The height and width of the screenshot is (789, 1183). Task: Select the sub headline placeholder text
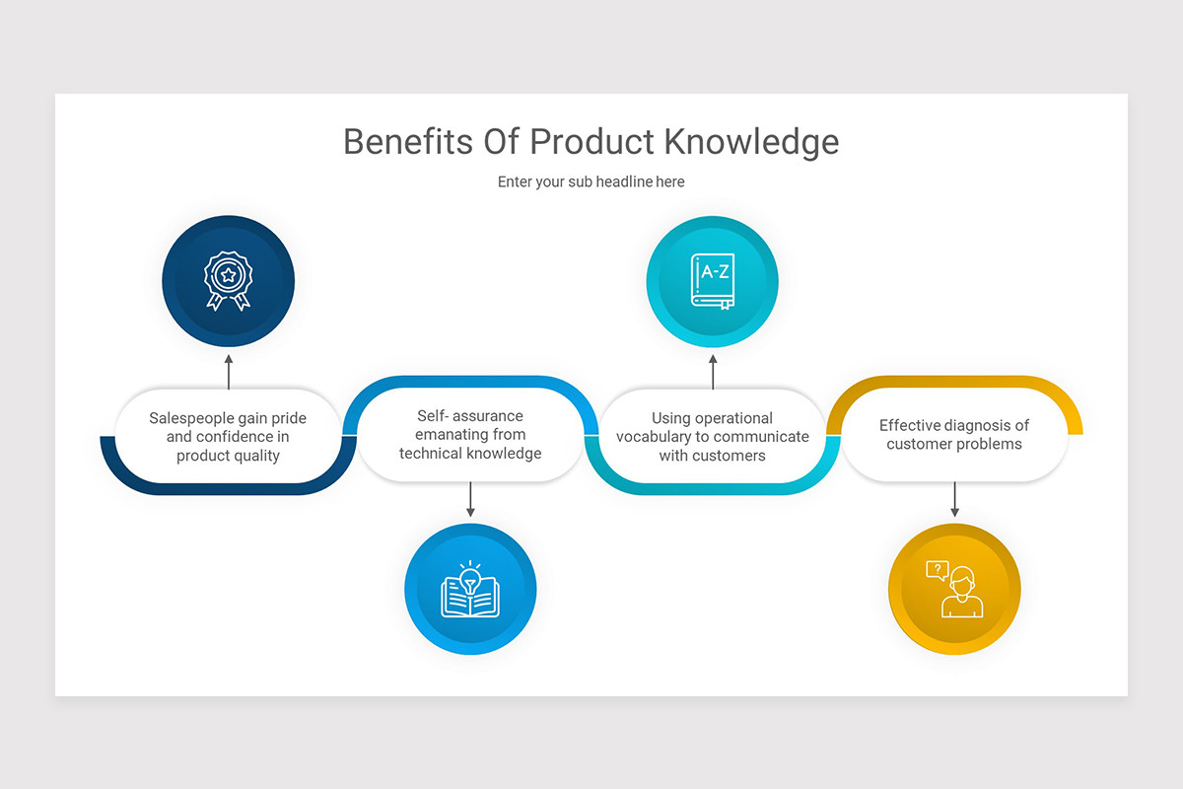(x=591, y=181)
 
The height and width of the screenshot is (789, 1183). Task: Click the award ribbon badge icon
(x=229, y=280)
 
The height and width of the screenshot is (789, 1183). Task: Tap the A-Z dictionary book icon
(x=713, y=281)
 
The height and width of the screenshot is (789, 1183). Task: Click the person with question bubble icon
(x=954, y=590)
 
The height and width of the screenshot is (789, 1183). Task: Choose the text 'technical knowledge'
(x=470, y=454)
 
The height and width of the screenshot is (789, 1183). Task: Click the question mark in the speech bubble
(x=937, y=568)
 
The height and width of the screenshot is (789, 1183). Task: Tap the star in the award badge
(x=229, y=274)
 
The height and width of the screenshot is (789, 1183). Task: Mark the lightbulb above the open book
(x=470, y=576)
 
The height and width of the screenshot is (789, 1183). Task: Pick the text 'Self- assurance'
(x=470, y=416)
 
